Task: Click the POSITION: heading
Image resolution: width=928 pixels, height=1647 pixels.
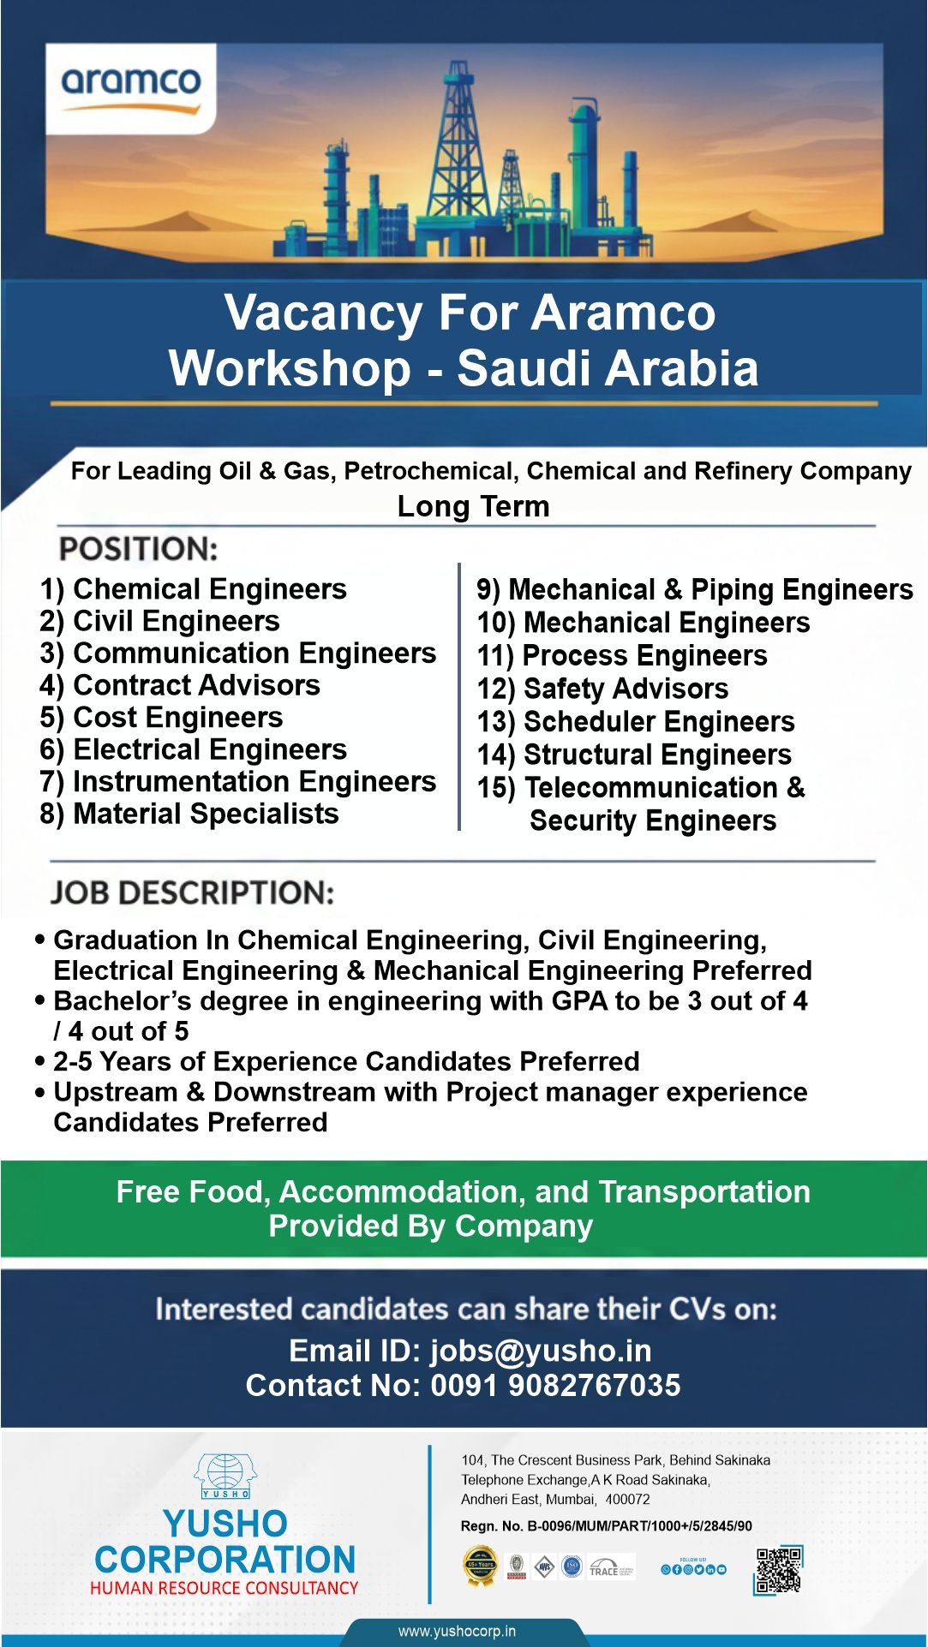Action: [x=138, y=549]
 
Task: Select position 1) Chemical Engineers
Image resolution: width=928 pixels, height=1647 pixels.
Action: [x=194, y=589]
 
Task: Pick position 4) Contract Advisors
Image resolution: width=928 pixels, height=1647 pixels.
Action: [x=180, y=685]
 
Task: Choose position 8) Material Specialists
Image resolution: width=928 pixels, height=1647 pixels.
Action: [x=189, y=814]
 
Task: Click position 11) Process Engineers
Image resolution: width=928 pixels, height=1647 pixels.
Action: [x=622, y=656]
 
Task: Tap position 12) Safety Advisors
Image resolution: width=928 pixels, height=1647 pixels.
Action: [x=602, y=689]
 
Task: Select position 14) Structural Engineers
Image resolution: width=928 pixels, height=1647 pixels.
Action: [x=634, y=755]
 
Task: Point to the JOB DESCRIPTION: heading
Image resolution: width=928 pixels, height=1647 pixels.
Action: [x=193, y=893]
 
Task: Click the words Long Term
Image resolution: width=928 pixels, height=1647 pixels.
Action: [x=473, y=506]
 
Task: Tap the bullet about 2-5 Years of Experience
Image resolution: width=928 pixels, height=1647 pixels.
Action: [x=346, y=1062]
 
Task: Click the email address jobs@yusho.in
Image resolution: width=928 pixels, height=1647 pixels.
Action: [x=541, y=1351]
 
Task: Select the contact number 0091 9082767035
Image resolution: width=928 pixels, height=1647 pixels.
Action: [x=555, y=1386]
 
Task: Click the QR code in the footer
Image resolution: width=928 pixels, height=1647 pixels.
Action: [x=778, y=1571]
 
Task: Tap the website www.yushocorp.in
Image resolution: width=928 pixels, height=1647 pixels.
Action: [x=457, y=1631]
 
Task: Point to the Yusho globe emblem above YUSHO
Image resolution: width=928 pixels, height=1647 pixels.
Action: [x=225, y=1476]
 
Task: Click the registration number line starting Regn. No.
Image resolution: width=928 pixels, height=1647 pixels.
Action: [x=607, y=1526]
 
